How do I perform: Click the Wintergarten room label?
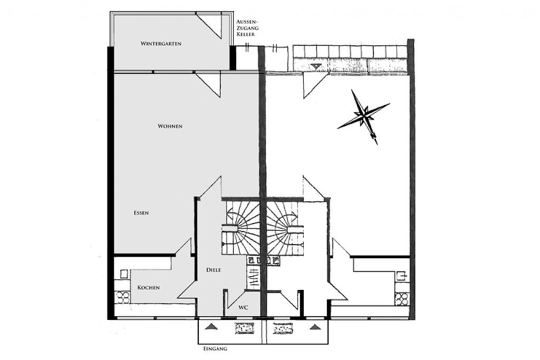(161, 44)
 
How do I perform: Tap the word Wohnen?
(170, 127)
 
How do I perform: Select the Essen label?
(141, 213)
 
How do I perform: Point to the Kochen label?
(148, 287)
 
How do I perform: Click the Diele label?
(214, 270)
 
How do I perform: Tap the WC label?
(244, 307)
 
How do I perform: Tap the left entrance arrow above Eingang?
(211, 327)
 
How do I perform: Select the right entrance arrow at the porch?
(314, 327)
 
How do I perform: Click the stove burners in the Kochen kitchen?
(122, 298)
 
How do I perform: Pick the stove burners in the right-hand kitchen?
(402, 299)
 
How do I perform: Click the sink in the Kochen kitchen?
(124, 274)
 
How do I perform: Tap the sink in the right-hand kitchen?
(401, 276)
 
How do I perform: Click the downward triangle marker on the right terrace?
(315, 66)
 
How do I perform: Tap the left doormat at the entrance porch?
(244, 328)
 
